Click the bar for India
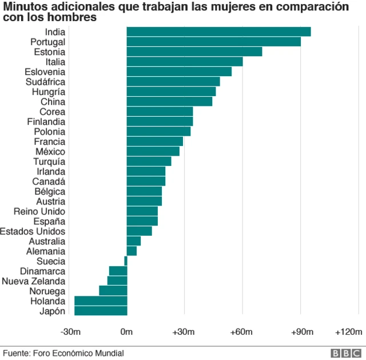(x=218, y=32)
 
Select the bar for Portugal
(x=213, y=42)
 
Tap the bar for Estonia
(x=194, y=52)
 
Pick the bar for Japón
(x=101, y=311)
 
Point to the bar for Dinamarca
(x=118, y=271)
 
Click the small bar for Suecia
(x=125, y=261)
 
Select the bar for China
(x=169, y=102)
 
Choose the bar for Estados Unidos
(x=139, y=231)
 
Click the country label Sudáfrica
(x=46, y=82)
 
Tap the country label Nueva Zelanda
(x=33, y=281)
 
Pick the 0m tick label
(x=126, y=332)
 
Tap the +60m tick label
(x=241, y=332)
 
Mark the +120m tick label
(x=348, y=332)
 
